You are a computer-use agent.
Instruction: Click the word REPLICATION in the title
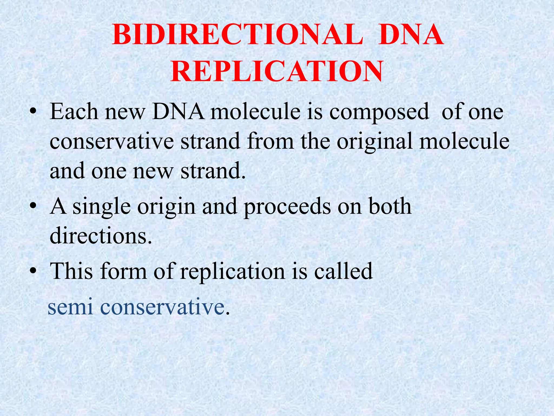277,71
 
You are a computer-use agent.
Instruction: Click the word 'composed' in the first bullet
379,112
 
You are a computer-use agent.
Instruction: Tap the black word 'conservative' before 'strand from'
111,141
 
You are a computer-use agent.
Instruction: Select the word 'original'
375,142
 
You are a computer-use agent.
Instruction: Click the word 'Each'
74,112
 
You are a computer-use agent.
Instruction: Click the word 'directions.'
101,236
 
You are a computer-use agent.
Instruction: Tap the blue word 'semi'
70,307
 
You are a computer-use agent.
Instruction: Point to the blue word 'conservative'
162,307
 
